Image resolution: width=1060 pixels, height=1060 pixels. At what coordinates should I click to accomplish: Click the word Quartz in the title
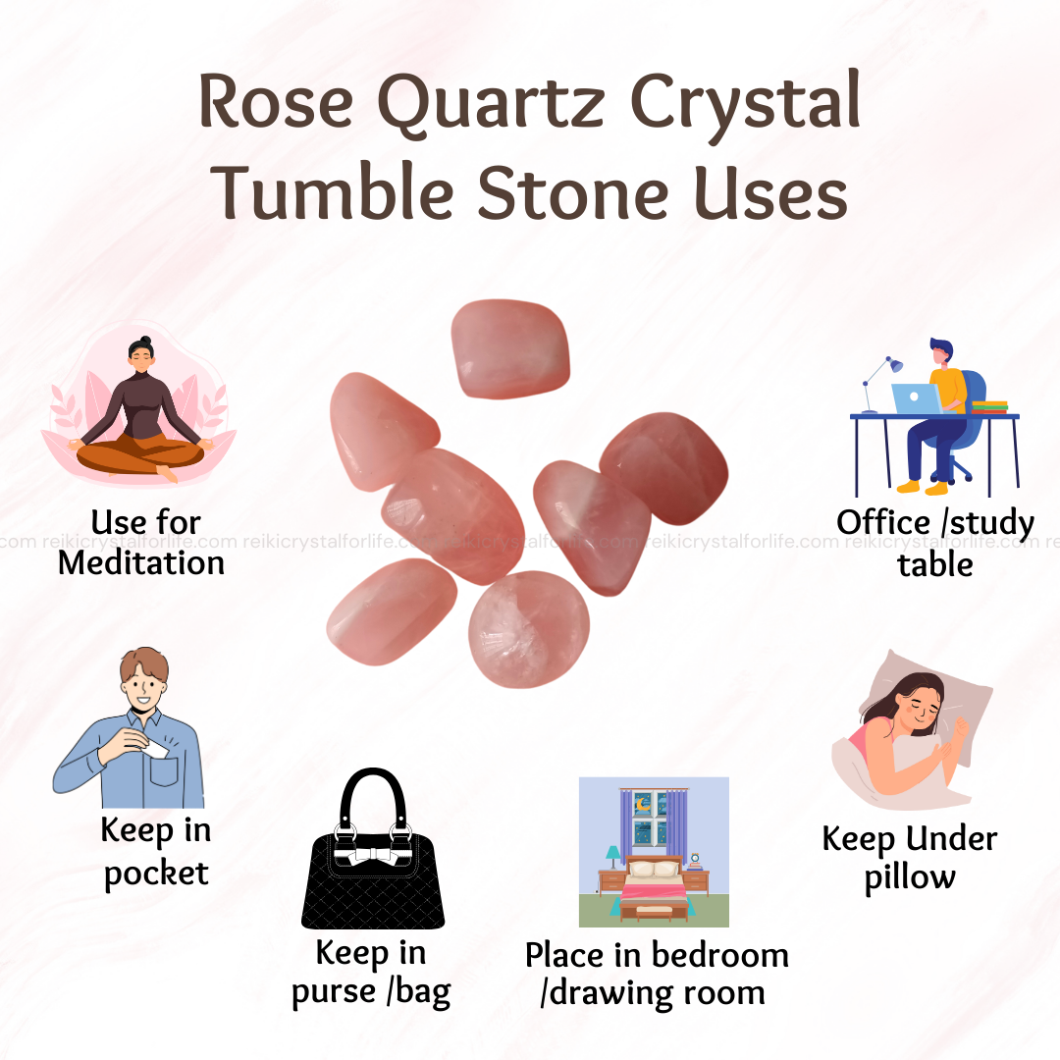[492, 104]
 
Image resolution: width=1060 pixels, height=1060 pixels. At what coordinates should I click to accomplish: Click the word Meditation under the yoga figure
[141, 563]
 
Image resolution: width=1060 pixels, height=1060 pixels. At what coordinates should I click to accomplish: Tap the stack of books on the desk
[989, 406]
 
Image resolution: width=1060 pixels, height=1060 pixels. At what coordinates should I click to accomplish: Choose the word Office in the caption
[883, 522]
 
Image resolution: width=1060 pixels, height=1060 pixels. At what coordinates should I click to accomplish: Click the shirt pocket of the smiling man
[163, 770]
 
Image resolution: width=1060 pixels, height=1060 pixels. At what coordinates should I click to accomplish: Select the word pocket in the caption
[156, 874]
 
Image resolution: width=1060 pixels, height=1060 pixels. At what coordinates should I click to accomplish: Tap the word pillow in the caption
[910, 877]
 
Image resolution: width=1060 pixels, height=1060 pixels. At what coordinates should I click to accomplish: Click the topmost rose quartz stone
[509, 348]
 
